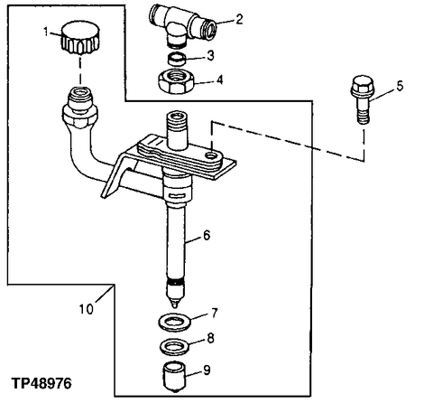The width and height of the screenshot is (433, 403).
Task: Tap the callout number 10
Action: pos(87,308)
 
